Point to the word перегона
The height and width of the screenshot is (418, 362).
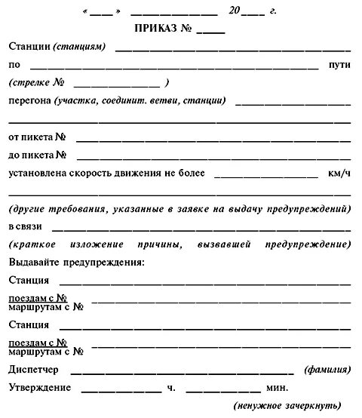click(29, 100)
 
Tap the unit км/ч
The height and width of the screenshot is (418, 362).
click(339, 174)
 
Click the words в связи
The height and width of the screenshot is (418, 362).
click(26, 226)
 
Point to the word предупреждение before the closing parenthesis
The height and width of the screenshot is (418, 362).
click(308, 244)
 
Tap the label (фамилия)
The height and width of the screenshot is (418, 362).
click(327, 370)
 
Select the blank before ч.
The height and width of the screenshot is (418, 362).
click(121, 389)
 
